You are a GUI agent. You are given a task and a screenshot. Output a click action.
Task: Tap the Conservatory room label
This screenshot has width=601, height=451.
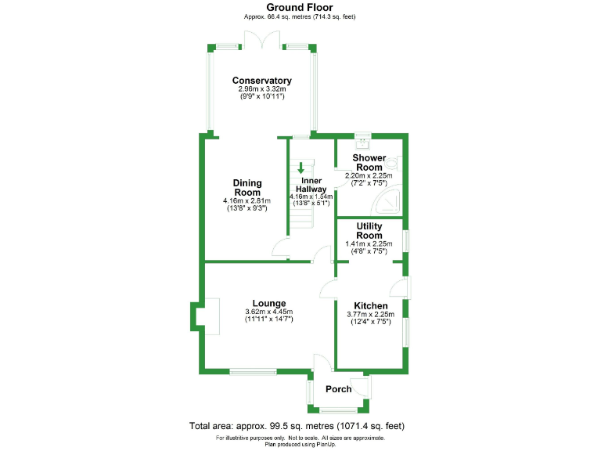tap(262, 81)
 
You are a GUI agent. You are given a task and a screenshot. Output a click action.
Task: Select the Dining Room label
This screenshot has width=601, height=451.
tap(247, 188)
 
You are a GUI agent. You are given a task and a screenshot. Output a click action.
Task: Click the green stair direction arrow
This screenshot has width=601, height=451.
tap(301, 168)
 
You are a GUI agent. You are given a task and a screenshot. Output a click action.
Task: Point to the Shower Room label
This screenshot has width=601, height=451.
tap(369, 163)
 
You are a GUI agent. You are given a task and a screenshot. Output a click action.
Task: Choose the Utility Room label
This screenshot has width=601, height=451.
tap(369, 231)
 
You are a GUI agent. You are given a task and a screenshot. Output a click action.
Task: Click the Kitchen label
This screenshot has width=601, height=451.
tap(370, 305)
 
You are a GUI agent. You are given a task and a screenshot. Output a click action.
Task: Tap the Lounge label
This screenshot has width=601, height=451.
tap(268, 303)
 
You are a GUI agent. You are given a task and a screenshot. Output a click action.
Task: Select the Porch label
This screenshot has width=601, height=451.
tap(339, 389)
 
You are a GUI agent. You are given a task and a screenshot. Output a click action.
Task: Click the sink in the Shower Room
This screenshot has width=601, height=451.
tap(362, 143)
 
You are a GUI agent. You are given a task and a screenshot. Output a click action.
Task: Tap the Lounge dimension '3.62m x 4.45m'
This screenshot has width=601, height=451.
tap(268, 312)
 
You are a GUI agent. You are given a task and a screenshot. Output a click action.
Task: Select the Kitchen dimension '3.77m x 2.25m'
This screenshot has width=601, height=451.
tap(370, 315)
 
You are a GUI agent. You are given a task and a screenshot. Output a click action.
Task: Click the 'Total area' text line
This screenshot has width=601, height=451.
tap(297, 426)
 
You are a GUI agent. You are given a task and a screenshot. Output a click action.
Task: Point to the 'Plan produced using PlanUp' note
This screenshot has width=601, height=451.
tap(300, 444)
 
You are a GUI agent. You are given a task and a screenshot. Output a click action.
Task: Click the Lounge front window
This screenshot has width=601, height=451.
tap(252, 370)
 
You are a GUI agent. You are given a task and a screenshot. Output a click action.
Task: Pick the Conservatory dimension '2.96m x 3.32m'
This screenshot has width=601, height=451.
tap(262, 89)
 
